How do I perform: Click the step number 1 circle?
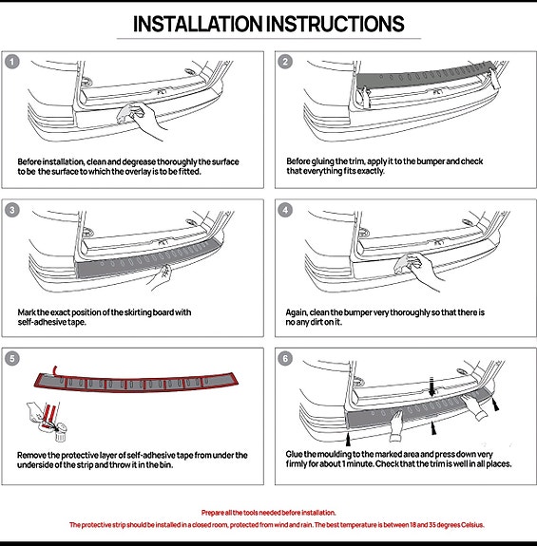(12, 62)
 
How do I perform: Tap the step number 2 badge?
(285, 62)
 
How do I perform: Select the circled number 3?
(12, 210)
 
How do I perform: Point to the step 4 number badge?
(285, 210)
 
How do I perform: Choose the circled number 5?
(12, 358)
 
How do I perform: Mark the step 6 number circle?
(285, 358)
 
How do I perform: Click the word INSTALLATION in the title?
(198, 24)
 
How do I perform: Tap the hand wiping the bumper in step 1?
(141, 120)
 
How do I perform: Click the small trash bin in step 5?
(60, 432)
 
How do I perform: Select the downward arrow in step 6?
(432, 386)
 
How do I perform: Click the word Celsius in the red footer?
(472, 525)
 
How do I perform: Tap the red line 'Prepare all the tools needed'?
(268, 513)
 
